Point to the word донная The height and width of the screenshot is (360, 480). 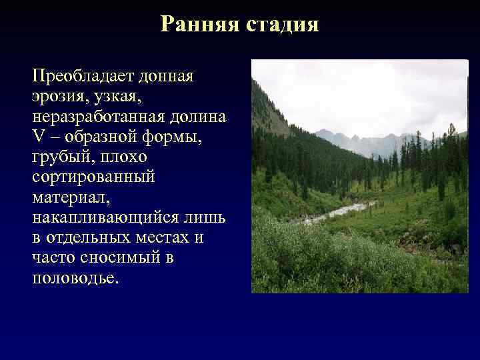pos(169,76)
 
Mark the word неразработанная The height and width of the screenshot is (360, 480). pos(99,117)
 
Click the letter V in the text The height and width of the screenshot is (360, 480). pos(37,137)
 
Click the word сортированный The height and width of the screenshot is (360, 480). pos(93,177)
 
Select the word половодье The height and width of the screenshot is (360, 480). pos(75,278)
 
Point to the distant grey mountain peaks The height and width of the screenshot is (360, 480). pos(360,141)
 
